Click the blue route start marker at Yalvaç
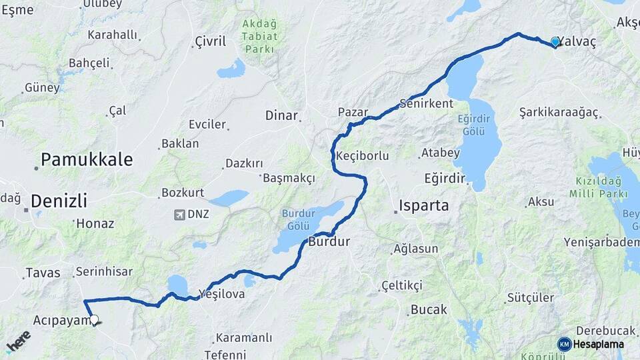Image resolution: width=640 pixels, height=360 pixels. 555,42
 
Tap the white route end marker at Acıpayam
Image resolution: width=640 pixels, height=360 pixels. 94,320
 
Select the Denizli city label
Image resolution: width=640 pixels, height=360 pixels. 59,199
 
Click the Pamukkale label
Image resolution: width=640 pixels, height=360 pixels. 87,159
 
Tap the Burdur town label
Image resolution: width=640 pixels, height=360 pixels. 329,241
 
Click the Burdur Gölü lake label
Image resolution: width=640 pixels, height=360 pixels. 297,219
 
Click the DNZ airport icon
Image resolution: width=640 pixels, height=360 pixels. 179,214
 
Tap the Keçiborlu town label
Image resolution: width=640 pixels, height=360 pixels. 362,155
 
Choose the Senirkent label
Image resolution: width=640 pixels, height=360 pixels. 426,103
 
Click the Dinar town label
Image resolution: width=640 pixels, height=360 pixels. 281,115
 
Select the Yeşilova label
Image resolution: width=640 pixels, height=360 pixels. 221,293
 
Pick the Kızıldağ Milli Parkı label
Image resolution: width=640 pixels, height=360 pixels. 601,187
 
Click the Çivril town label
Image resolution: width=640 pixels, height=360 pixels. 210,41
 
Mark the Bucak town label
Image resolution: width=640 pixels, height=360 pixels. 429,309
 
